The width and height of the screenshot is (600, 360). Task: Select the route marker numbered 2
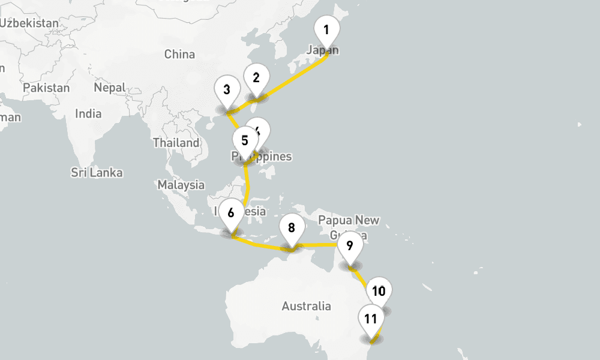256,78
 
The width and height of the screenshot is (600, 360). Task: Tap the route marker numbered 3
227,91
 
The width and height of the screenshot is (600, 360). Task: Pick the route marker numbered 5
244,142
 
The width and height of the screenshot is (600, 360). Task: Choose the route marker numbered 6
231,212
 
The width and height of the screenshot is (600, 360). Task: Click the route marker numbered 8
291,228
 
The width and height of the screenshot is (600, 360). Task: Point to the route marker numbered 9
350,245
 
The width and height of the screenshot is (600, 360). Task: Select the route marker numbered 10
379,292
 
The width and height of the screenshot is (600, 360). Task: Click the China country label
179,55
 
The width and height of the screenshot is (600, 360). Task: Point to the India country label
88,113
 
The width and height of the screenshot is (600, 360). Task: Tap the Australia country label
306,306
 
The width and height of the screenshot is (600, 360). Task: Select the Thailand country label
176,143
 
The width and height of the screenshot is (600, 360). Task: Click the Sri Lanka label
97,173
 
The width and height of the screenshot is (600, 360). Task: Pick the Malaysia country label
181,185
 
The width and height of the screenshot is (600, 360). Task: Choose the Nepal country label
110,88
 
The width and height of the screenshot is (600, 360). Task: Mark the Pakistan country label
46,88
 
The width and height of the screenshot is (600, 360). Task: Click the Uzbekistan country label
30,23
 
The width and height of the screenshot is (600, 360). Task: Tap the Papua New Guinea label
349,220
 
